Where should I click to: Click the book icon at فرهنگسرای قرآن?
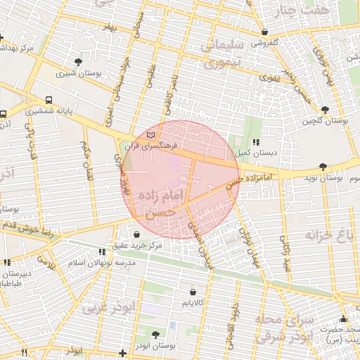coord(152,134)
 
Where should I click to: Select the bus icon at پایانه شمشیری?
coord(49,101)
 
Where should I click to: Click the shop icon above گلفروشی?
coord(264,32)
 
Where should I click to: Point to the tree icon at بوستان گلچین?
coord(324,110)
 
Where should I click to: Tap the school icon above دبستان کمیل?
coord(255,142)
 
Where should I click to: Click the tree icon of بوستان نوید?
coord(323,167)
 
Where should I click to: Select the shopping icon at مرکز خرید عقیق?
coord(137,235)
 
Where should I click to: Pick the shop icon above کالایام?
coord(193,291)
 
